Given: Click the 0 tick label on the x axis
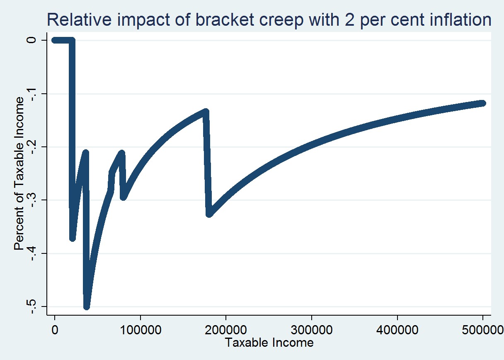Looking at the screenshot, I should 54,331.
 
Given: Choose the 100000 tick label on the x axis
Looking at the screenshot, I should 140,331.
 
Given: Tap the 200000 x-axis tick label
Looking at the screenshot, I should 226,331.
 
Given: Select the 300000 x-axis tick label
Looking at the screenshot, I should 311,331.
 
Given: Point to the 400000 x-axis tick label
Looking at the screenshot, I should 397,331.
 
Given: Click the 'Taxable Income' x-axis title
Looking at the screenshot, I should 269,343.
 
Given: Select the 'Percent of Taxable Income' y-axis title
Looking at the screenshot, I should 19,173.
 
